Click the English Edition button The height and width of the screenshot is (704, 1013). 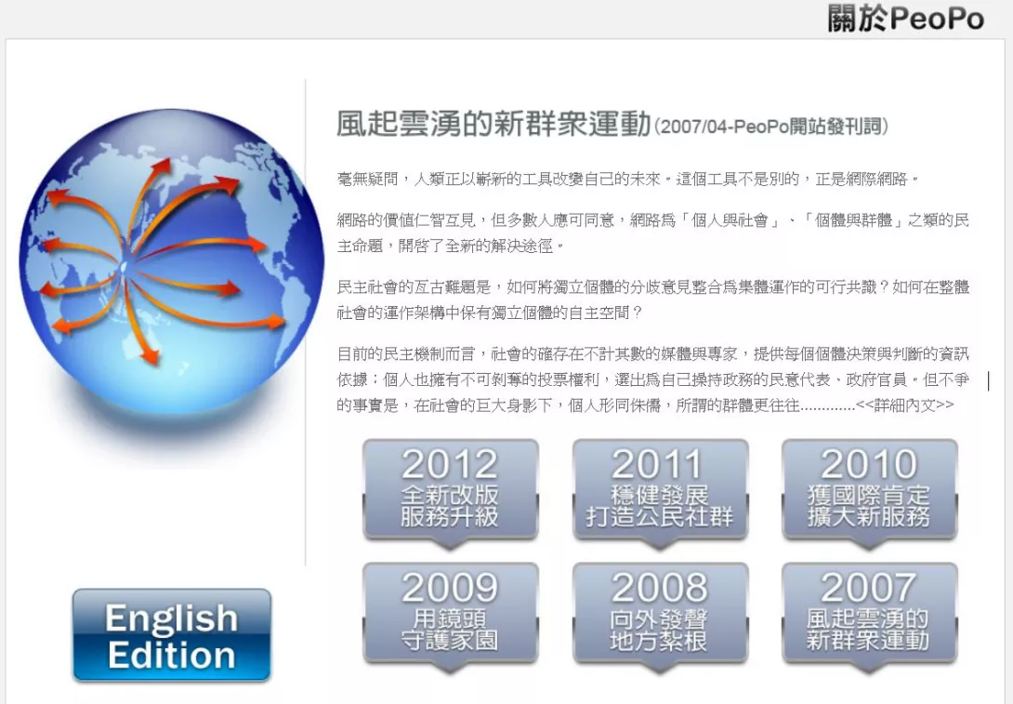point(172,635)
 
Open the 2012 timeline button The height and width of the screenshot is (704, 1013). point(451,491)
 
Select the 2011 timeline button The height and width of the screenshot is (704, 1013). point(660,491)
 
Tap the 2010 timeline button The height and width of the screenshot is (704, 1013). point(869,491)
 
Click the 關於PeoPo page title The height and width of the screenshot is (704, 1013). point(906,18)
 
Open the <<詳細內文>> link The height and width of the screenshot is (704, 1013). point(904,405)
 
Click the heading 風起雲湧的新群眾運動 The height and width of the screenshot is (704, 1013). point(493,124)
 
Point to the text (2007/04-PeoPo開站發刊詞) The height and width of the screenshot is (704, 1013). point(771,126)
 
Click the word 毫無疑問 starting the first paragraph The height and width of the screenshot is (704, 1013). point(367,179)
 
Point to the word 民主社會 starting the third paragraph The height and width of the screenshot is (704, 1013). point(367,287)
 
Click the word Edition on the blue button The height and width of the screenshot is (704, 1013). point(172,655)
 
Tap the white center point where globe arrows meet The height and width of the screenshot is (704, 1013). point(124,265)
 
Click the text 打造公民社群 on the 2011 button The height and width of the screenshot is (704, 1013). point(660,517)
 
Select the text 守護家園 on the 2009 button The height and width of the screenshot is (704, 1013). point(451,641)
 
